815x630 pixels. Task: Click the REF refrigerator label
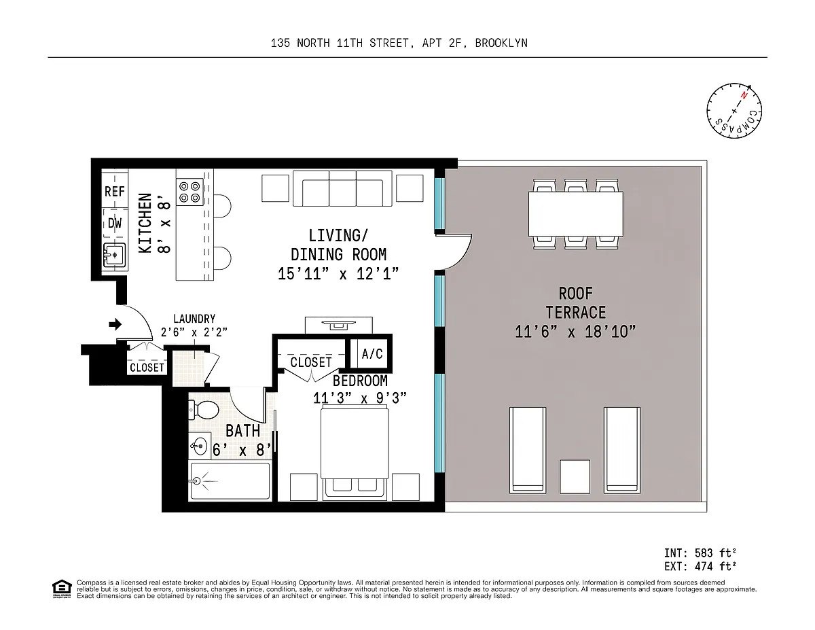tap(114, 192)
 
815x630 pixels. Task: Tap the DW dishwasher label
tap(115, 224)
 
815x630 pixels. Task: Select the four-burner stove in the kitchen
tap(189, 192)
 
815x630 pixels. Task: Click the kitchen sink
tap(114, 255)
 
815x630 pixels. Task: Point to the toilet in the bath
tap(204, 410)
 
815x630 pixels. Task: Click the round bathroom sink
tap(199, 446)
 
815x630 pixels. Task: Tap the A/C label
tap(372, 354)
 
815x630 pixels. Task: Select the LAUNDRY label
tap(194, 319)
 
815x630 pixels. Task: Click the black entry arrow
tap(115, 324)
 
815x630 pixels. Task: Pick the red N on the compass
tap(744, 96)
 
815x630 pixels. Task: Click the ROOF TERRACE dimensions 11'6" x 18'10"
tap(575, 332)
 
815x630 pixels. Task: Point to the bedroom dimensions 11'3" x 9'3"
tap(360, 398)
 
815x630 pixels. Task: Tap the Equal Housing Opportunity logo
tap(62, 589)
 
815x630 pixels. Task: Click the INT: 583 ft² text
tap(700, 553)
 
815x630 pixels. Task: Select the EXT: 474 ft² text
tap(700, 566)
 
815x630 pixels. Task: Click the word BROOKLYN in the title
tap(501, 43)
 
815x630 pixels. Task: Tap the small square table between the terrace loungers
tap(575, 476)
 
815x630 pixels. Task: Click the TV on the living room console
tap(338, 325)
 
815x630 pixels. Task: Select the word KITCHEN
tap(145, 224)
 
